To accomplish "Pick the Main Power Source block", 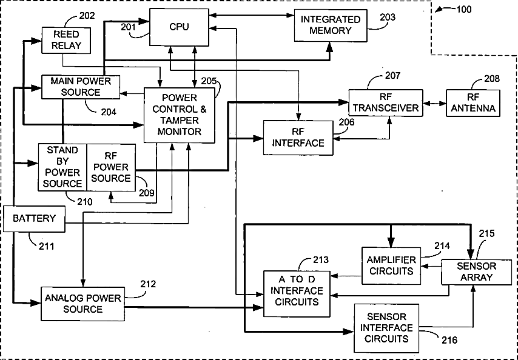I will point(80,87).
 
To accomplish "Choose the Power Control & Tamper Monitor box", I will point(180,115).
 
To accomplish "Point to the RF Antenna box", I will point(473,103).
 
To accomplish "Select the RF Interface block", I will point(298,138).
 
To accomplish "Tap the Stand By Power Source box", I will point(62,167).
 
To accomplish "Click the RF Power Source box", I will point(111,167).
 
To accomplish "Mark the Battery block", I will point(34,218).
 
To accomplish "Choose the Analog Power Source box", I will point(82,303).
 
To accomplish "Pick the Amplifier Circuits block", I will point(391,265).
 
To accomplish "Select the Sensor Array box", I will point(476,272).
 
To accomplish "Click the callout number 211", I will point(47,246).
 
